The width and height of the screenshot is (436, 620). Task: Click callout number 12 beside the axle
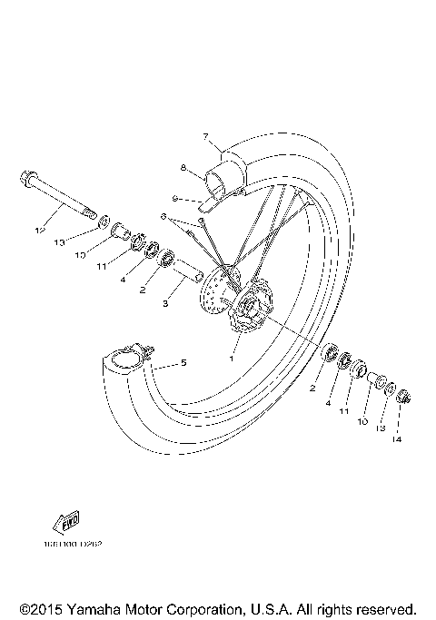pyautogui.click(x=38, y=231)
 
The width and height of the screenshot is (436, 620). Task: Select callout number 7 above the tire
pyautogui.click(x=207, y=139)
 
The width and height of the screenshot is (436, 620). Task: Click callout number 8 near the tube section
pyautogui.click(x=183, y=168)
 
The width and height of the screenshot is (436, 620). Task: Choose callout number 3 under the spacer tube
pyautogui.click(x=166, y=304)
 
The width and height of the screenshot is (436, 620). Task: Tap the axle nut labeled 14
pyautogui.click(x=404, y=397)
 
